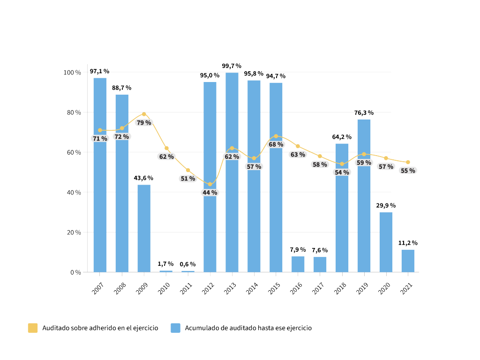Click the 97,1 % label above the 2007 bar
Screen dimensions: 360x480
click(x=99, y=71)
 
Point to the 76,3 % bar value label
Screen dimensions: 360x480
click(x=364, y=112)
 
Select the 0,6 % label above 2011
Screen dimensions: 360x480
click(x=187, y=264)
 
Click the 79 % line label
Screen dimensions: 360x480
click(x=143, y=123)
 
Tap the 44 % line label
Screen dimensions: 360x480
click(x=210, y=193)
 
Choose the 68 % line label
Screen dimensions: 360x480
click(x=276, y=144)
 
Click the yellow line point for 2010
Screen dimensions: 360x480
click(x=166, y=148)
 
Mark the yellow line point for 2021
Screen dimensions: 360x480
click(x=408, y=162)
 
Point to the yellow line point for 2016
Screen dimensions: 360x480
click(x=298, y=146)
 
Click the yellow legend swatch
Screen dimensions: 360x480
click(x=32, y=328)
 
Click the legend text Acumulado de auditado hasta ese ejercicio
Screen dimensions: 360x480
click(x=248, y=328)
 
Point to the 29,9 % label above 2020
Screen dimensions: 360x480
click(x=386, y=205)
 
